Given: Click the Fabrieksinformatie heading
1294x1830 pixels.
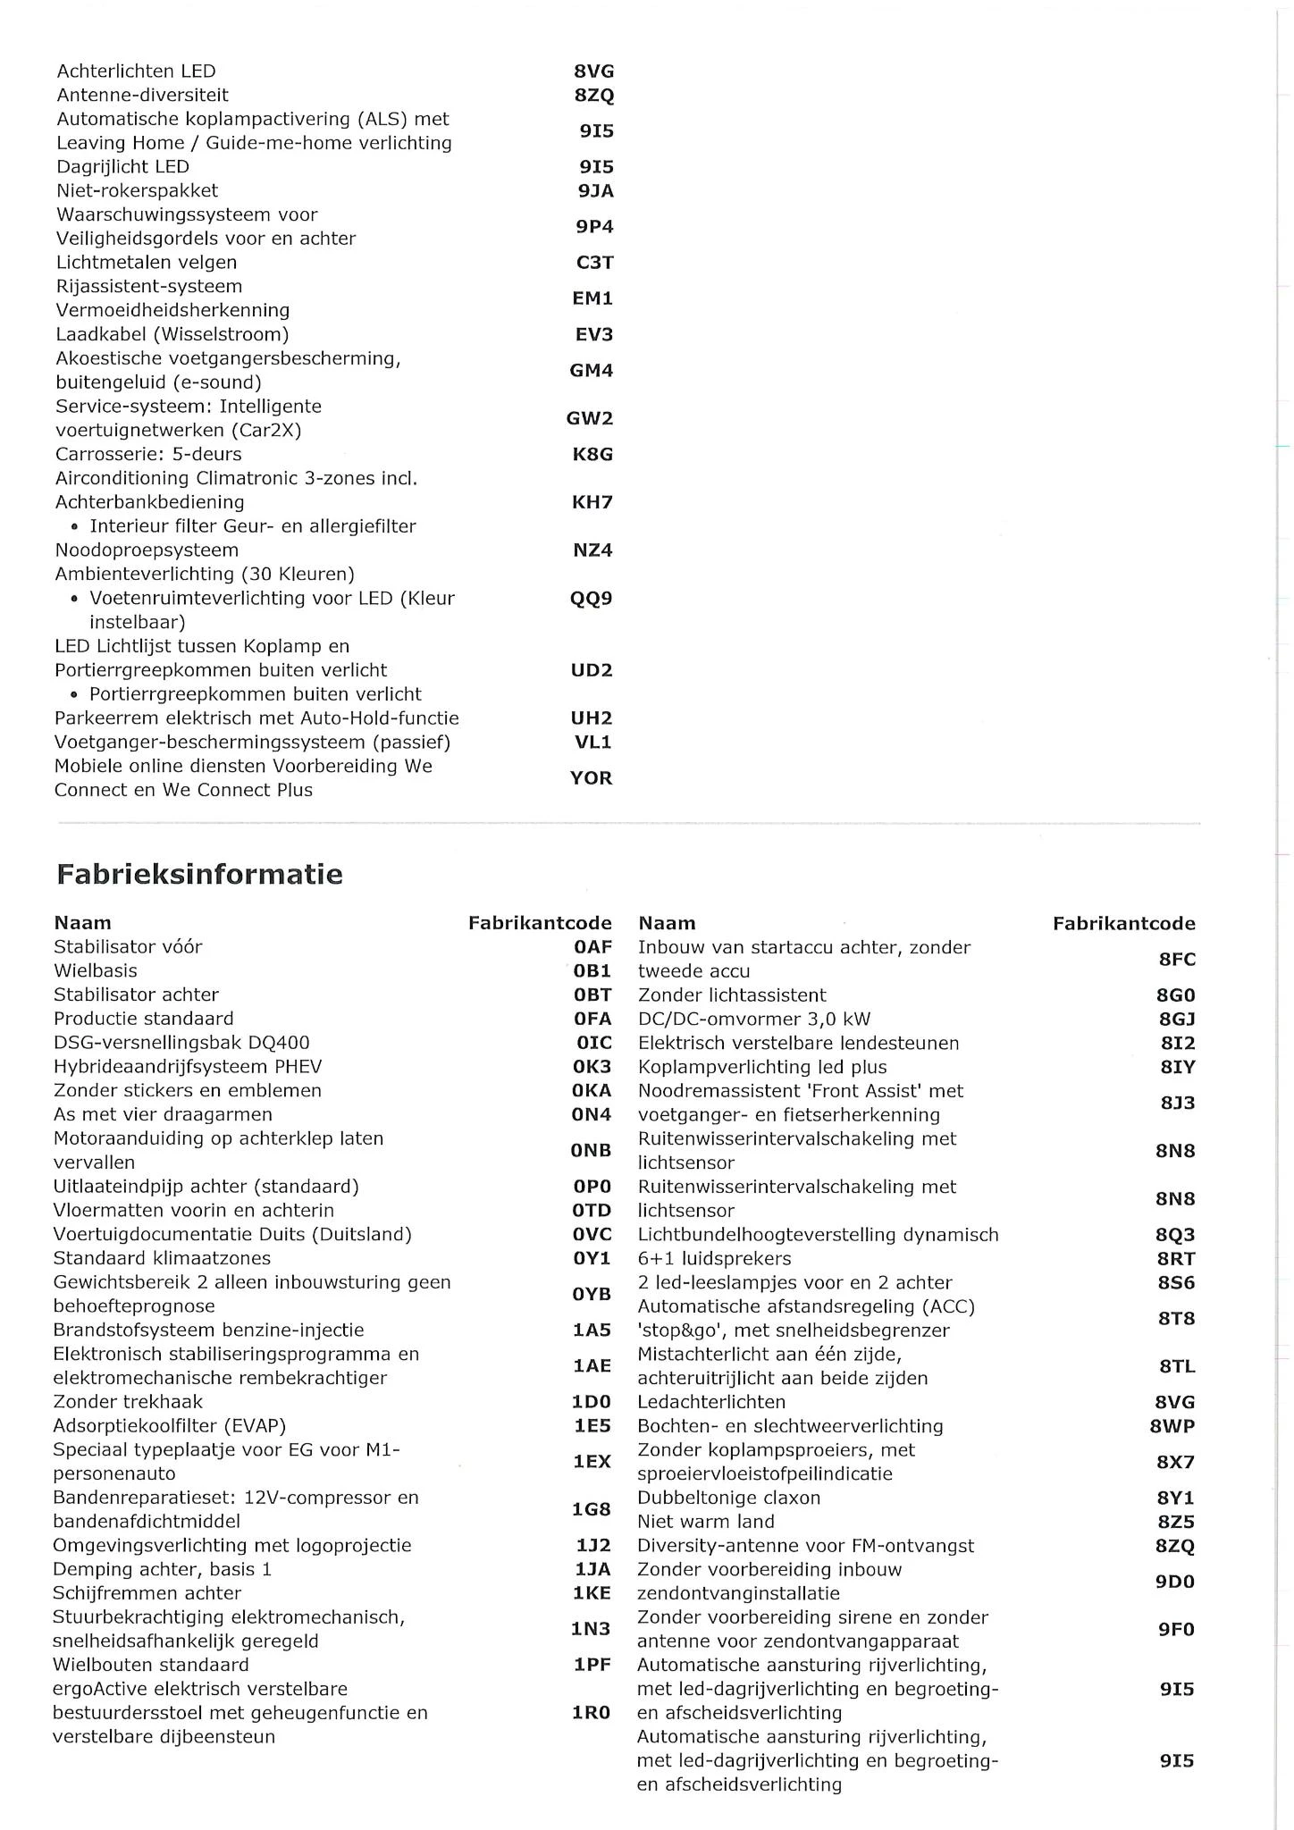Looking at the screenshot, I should point(199,874).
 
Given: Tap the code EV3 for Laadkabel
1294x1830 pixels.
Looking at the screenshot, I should point(593,335).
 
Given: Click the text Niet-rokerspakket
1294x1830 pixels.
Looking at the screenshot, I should point(137,190).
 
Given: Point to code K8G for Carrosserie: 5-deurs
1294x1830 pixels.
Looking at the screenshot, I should point(592,454).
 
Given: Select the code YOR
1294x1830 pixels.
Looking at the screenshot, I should point(592,778).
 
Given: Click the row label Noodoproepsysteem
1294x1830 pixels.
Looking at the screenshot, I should point(147,550).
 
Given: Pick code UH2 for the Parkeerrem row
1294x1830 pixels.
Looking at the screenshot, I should point(592,718).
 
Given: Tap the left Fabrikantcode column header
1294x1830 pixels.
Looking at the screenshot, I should point(540,923).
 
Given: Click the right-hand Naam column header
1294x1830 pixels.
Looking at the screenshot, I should point(667,923).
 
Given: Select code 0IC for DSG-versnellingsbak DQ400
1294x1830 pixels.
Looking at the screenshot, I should point(593,1043).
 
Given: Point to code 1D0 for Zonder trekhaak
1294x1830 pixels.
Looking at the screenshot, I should point(592,1402).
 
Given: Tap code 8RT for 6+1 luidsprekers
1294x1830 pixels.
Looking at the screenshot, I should point(1175,1259).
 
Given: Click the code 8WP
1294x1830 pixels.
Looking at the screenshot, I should point(1172,1426).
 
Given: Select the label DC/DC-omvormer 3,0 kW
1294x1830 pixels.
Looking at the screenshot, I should point(753,1019).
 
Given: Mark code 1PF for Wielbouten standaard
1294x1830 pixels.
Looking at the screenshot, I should point(592,1666).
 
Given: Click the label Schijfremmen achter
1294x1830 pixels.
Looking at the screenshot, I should point(147,1593).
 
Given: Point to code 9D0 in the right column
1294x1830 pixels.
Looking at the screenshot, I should point(1175,1582).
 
